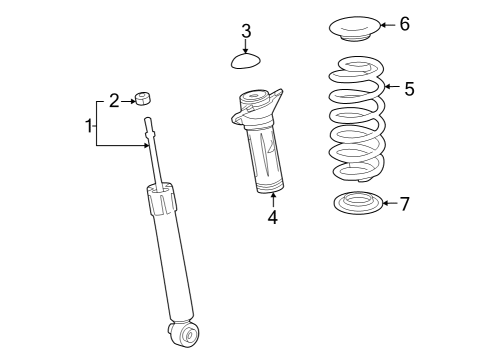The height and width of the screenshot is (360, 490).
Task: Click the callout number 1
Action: (89, 126)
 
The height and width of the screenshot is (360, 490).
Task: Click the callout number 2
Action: (114, 100)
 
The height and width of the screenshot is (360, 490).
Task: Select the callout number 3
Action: (246, 31)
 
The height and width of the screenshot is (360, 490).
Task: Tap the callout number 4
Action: (272, 217)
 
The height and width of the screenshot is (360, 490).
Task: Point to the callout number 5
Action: (408, 89)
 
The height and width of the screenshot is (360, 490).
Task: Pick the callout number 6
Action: (404, 24)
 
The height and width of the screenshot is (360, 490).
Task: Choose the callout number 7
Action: (404, 204)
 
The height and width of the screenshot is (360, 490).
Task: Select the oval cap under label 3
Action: (245, 62)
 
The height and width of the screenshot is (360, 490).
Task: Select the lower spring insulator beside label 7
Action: (356, 205)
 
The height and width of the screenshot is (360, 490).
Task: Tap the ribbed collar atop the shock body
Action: (163, 201)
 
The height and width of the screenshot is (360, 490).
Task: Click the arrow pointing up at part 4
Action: (272, 198)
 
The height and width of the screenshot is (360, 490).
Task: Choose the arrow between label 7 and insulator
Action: (389, 204)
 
